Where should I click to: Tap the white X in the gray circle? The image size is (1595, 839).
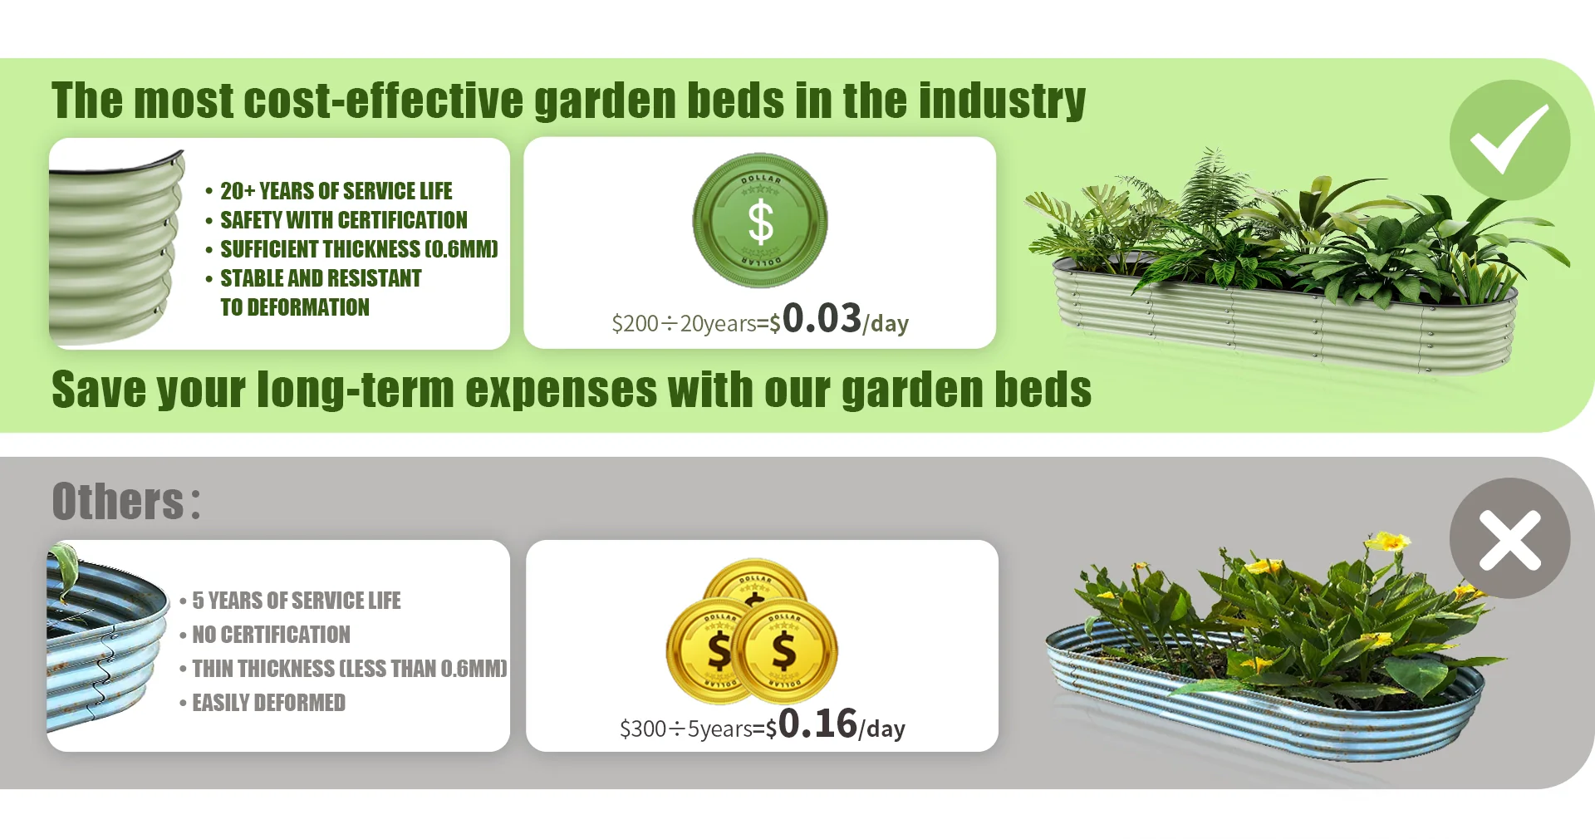point(1510,540)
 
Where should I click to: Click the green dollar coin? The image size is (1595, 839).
point(760,220)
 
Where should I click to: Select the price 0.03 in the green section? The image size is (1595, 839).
point(822,318)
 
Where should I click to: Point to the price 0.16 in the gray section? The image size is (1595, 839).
point(817,724)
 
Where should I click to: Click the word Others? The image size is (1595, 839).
point(118,502)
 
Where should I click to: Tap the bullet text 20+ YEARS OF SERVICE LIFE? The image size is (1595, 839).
point(336,191)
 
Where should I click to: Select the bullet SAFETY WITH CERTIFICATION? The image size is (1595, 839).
point(343,220)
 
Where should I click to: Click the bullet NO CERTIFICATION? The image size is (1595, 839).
point(271,635)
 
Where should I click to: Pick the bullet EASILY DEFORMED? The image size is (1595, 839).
point(268,703)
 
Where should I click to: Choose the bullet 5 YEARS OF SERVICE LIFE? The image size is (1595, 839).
point(296,601)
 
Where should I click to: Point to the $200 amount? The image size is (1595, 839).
point(636,323)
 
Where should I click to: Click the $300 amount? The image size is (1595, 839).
point(643,729)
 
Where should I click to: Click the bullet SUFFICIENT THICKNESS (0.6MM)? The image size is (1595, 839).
point(359,249)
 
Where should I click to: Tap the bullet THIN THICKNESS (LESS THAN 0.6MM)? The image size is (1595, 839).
point(350,669)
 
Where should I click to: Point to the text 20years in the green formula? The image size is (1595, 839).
point(718,324)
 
